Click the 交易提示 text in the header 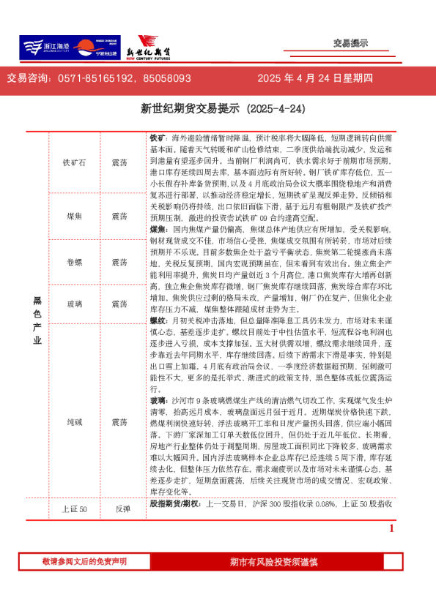[x=350, y=43]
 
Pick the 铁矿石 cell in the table [x=74, y=162]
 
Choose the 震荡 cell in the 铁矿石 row [x=119, y=162]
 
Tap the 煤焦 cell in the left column [x=74, y=217]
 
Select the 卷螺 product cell [x=74, y=262]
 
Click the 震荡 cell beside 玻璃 [x=119, y=304]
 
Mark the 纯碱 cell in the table [x=74, y=422]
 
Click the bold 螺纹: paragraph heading [x=159, y=320]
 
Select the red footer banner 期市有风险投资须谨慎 [x=273, y=562]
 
